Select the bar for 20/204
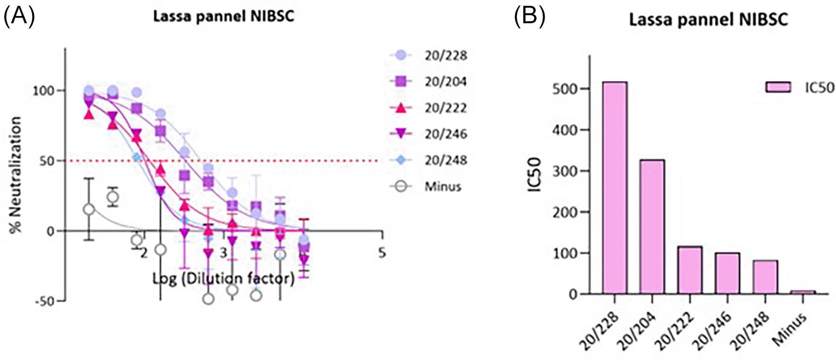[652, 227]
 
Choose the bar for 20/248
[765, 277]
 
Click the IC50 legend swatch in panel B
[778, 87]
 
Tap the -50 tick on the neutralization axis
[46, 301]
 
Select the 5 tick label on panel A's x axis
[382, 253]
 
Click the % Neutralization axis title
[16, 175]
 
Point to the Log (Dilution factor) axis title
[223, 279]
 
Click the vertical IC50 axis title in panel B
[534, 175]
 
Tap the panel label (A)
[19, 17]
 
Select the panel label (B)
[529, 17]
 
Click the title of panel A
[223, 17]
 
